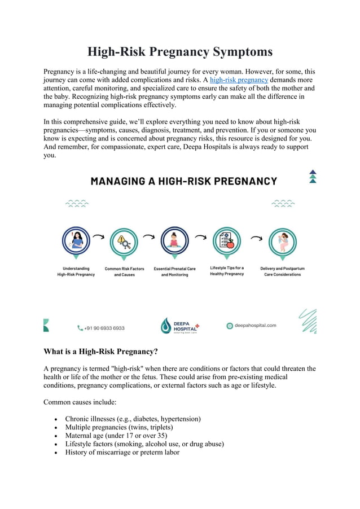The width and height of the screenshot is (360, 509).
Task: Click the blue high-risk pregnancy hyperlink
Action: tap(239, 80)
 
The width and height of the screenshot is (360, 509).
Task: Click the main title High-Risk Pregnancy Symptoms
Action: tap(180, 52)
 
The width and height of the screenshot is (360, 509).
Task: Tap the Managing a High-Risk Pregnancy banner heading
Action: tap(184, 181)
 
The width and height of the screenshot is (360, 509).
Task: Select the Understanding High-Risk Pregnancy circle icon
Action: tap(76, 242)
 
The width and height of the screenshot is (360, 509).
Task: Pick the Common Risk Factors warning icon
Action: tap(124, 242)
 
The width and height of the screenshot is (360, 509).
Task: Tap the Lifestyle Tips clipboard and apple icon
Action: tap(227, 241)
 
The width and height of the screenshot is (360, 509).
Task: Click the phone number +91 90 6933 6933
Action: tap(104, 328)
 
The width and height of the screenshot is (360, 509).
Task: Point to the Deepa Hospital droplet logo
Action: tap(165, 326)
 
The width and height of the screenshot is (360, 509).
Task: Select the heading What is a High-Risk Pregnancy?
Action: tap(100, 352)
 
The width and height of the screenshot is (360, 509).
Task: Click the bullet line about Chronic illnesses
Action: tap(133, 419)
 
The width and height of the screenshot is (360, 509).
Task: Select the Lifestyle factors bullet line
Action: tap(144, 444)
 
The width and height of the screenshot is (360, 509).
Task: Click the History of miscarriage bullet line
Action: tap(122, 453)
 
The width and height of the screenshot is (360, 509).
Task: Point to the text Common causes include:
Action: tap(80, 402)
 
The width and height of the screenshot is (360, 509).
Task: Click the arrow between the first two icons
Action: tap(99, 238)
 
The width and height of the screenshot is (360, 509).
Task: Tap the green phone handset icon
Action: tap(80, 328)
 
